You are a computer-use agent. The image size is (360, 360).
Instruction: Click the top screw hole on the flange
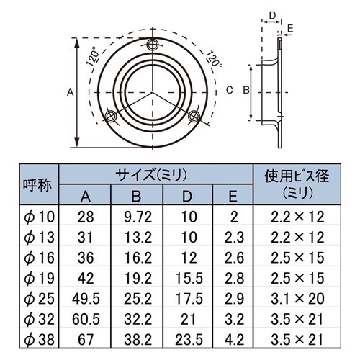tap(151, 45)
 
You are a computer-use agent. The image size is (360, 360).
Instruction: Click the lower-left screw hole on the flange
tap(109, 117)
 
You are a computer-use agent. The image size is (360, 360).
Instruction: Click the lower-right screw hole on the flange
tap(192, 116)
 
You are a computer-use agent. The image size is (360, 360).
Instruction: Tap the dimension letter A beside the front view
tap(69, 91)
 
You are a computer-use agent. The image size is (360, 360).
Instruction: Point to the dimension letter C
tap(229, 90)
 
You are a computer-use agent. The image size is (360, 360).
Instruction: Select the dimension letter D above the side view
tap(273, 14)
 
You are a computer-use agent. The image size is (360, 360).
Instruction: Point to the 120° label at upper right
tap(214, 57)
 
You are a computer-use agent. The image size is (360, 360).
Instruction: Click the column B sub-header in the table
tap(136, 196)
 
